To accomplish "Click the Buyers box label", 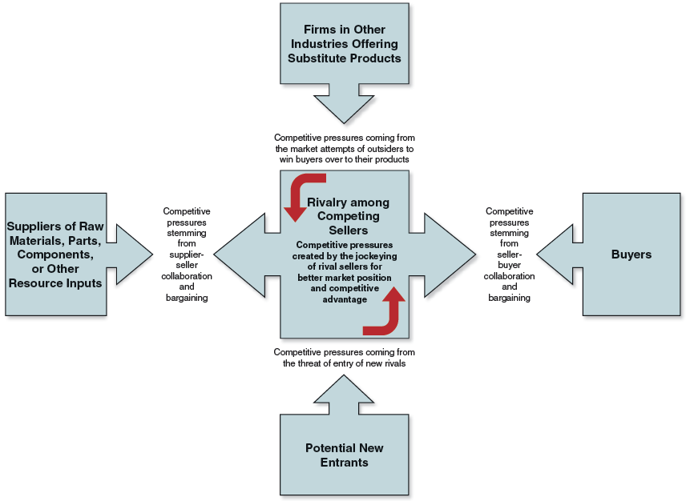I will tap(631, 255).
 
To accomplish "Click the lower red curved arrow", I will tap(385, 315).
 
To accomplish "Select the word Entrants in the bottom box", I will tap(344, 463).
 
